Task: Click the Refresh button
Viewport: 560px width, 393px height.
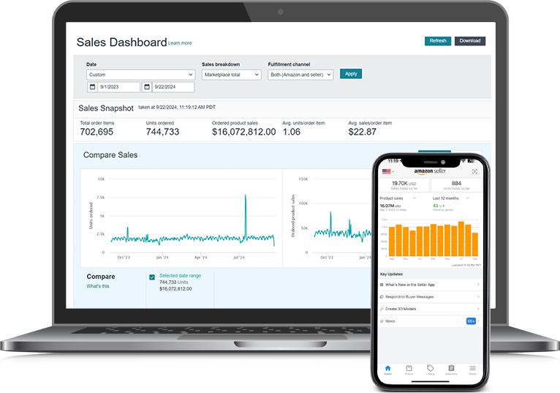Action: tap(438, 41)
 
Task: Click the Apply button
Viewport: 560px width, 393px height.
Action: tap(351, 74)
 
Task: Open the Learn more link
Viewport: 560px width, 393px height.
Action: tap(180, 43)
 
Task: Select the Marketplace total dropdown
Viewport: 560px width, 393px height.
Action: tap(232, 75)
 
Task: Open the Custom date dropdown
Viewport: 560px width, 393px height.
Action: tap(140, 75)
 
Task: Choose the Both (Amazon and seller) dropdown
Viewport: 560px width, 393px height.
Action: tap(300, 75)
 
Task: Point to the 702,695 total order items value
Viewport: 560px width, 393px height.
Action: tap(97, 132)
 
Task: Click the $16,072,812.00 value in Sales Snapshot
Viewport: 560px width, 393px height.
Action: tap(243, 132)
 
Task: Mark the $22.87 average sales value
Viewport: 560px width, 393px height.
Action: tap(362, 132)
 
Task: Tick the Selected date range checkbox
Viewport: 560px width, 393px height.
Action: tap(152, 277)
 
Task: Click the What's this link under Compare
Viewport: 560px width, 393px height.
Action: tap(98, 286)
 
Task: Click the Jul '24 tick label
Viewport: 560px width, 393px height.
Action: tap(239, 258)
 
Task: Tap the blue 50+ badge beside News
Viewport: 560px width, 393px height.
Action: tap(471, 321)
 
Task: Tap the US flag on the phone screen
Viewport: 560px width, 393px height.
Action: tap(387, 171)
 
